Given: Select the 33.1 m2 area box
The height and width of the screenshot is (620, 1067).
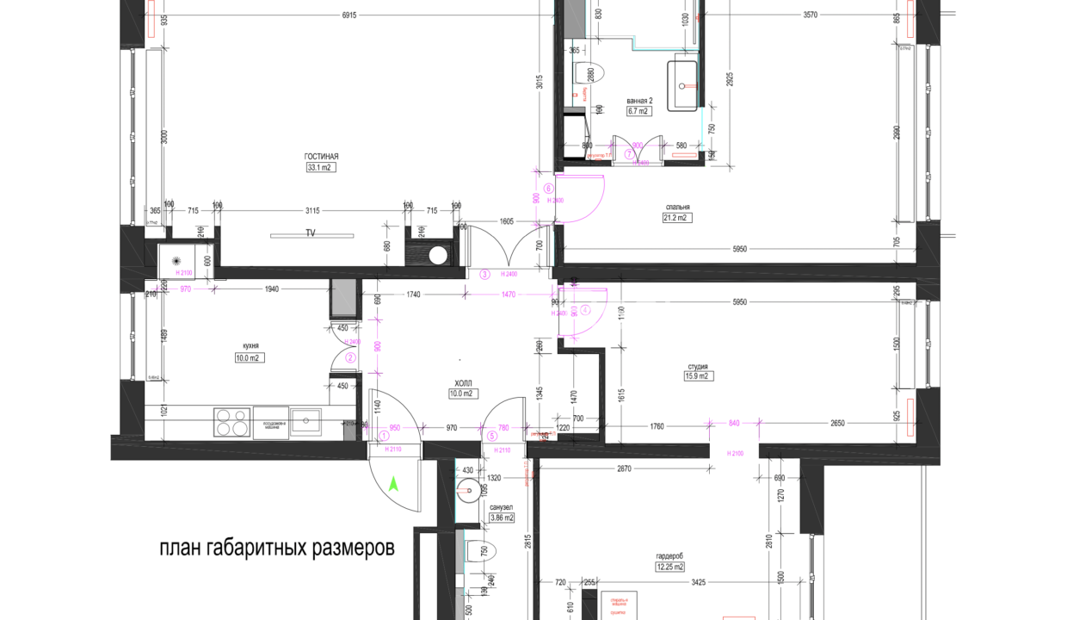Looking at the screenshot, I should [x=319, y=168].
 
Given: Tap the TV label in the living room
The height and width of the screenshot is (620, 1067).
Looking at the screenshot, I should [x=311, y=233].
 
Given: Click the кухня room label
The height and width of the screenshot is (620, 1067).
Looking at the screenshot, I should [x=250, y=346].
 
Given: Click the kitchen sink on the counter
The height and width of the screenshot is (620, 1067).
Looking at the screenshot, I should [x=305, y=421].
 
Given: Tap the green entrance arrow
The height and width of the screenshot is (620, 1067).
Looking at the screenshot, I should [x=394, y=484].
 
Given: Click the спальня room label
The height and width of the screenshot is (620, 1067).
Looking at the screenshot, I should [x=677, y=207].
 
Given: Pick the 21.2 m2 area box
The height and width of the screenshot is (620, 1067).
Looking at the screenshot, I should [x=677, y=218].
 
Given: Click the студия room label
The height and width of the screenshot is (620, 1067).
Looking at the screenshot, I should [x=697, y=364].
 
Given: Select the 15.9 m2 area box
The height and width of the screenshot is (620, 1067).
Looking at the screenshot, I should [x=697, y=375].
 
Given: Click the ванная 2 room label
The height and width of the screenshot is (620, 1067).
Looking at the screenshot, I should [x=639, y=100].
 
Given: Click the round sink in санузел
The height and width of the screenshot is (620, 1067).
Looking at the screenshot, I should [x=469, y=492].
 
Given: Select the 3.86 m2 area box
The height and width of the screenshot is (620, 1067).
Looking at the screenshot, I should [x=501, y=518].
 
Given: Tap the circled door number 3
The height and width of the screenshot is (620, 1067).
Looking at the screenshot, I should [x=484, y=275].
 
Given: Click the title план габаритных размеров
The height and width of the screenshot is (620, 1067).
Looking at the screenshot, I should [x=276, y=549].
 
